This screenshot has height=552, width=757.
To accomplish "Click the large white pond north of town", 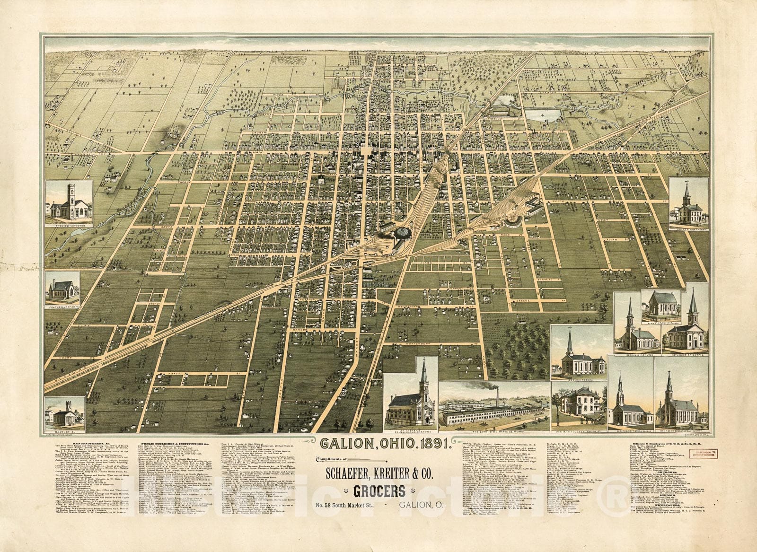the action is (x=543, y=115).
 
